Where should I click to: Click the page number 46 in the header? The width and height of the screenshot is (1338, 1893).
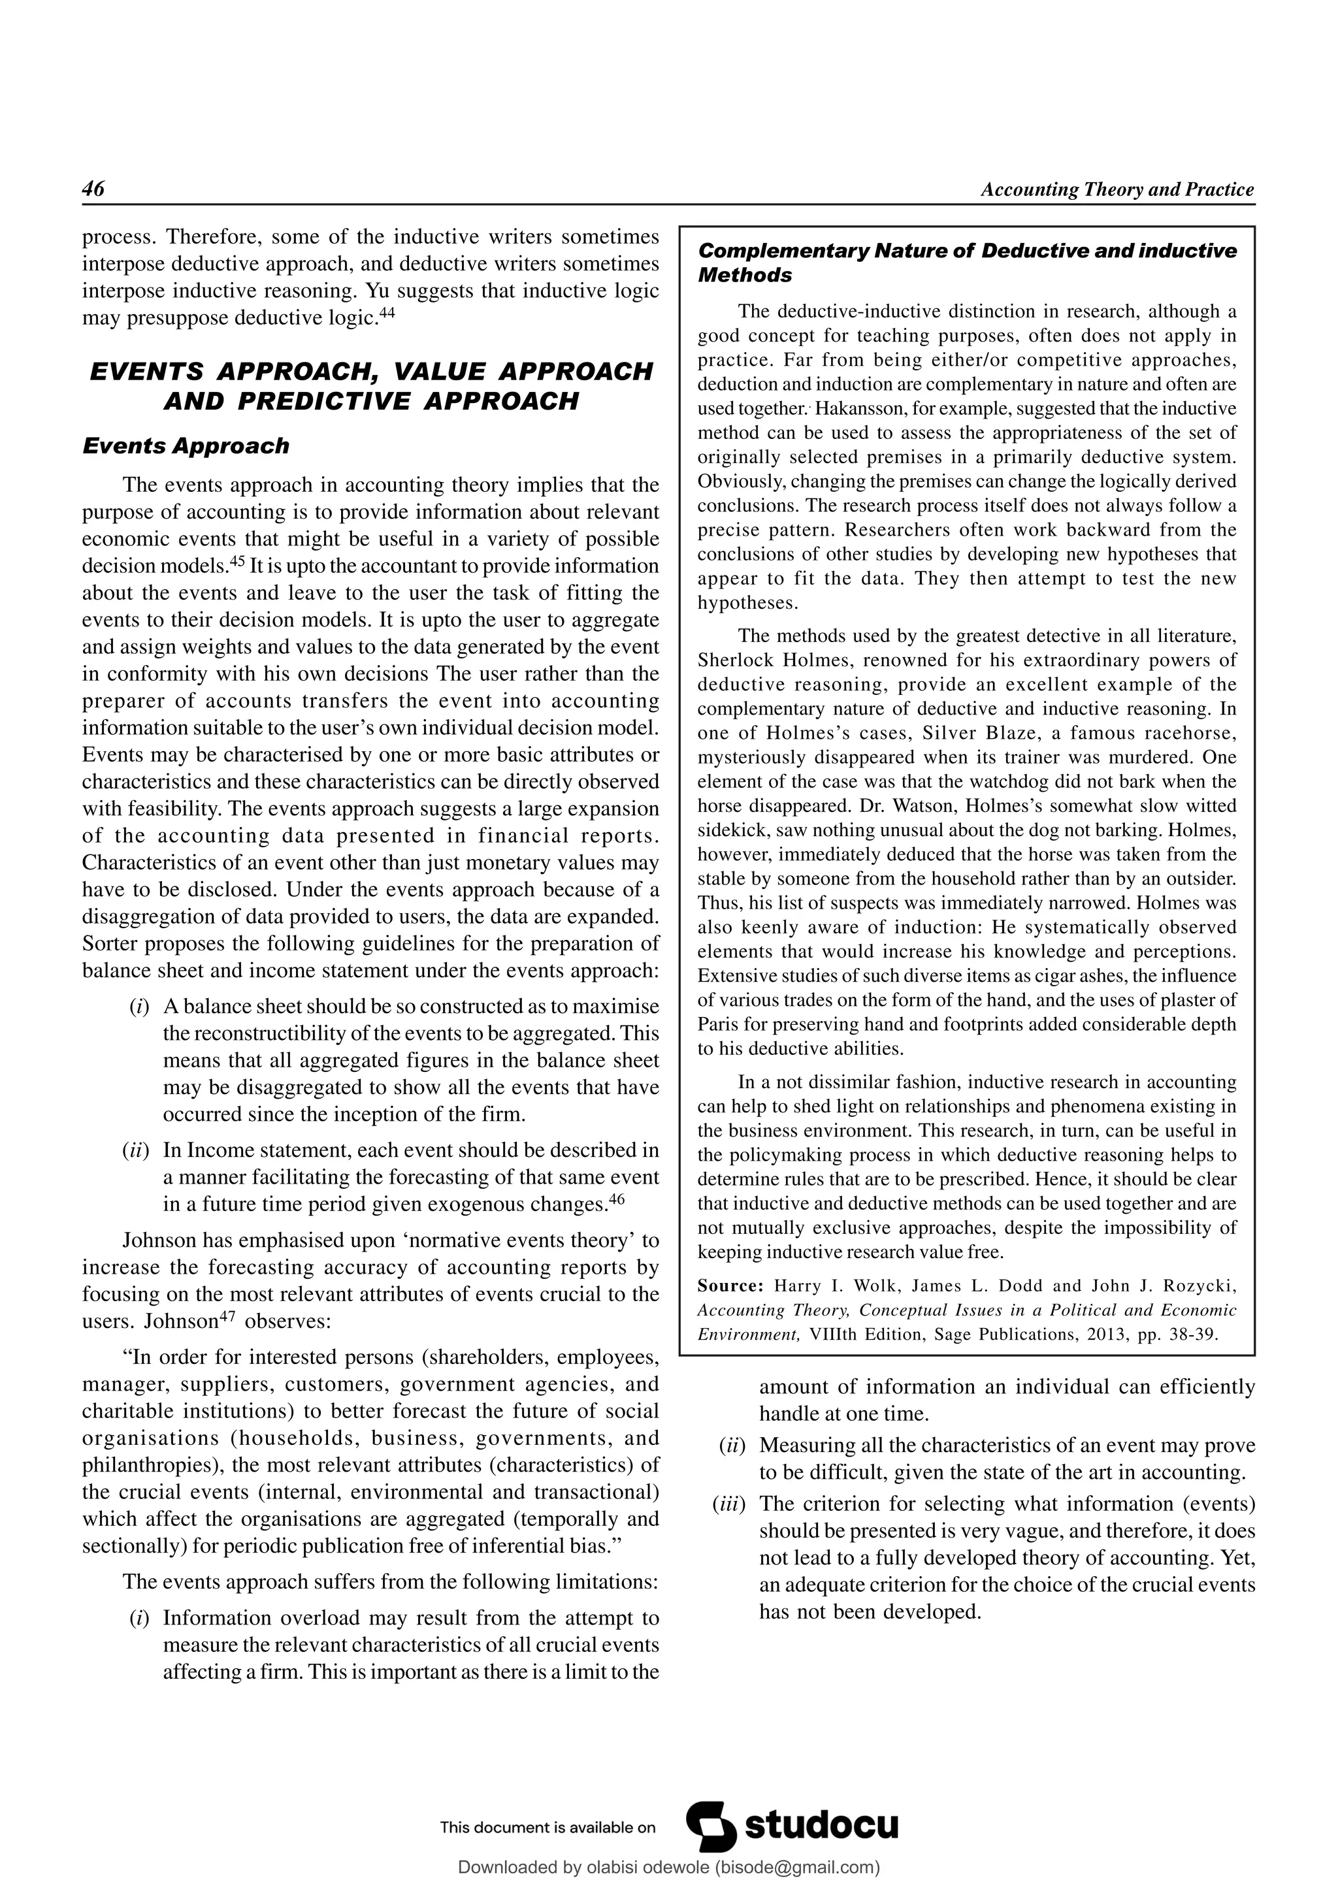coord(93,189)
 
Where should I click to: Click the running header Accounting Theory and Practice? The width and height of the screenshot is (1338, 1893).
coord(1117,189)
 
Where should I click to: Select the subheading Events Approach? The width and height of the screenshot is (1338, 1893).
coord(186,446)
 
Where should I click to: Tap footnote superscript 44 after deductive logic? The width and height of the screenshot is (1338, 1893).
coord(387,314)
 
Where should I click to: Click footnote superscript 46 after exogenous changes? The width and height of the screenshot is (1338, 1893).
coord(616,1201)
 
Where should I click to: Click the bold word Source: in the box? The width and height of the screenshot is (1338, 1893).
coord(730,1286)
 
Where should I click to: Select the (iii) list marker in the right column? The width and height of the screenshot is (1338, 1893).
coord(728,1504)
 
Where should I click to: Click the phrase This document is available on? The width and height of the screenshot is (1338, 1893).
coord(547,1827)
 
